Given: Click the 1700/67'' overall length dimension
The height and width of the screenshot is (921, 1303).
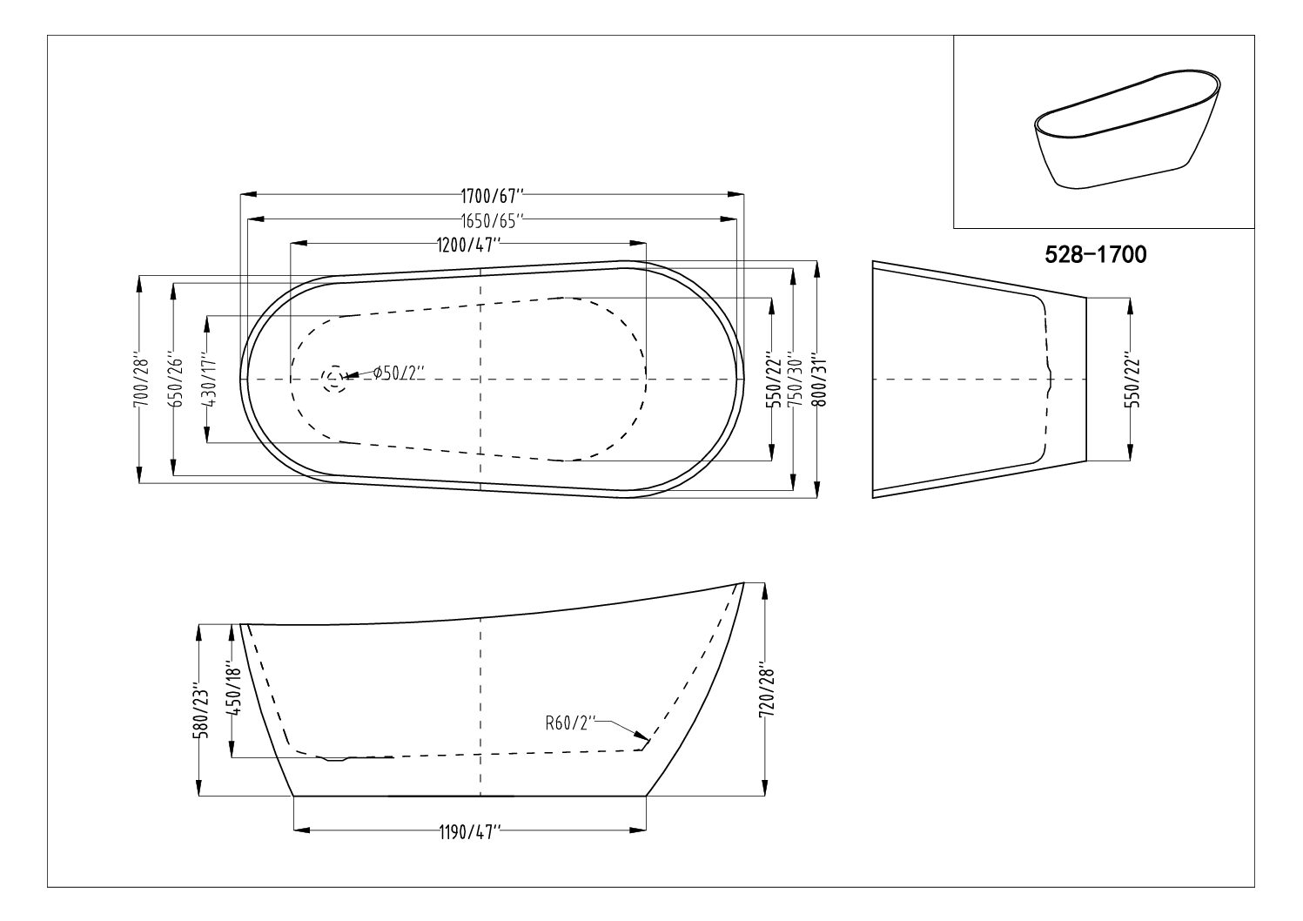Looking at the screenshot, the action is pyautogui.click(x=492, y=194).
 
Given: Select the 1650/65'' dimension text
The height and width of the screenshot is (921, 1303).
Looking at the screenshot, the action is pyautogui.click(x=492, y=221).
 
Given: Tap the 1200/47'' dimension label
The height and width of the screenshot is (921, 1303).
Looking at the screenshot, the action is pyautogui.click(x=469, y=245).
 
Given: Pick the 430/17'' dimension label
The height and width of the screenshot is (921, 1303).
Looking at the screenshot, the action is pyautogui.click(x=211, y=380).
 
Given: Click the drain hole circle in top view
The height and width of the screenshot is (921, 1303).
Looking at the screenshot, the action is pyautogui.click(x=333, y=380).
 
